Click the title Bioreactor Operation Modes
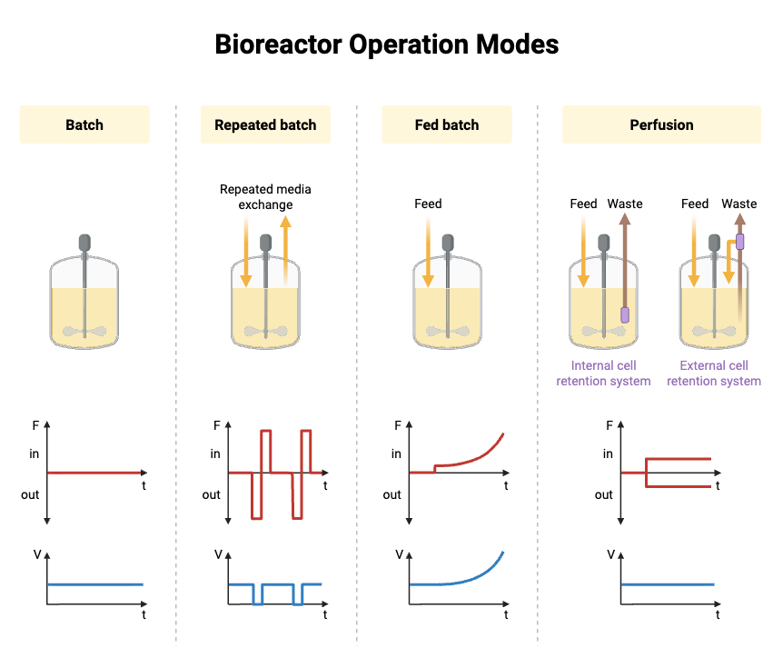(386, 44)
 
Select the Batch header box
(84, 125)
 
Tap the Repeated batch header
(265, 125)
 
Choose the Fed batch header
(446, 125)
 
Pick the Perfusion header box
(661, 125)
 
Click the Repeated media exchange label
(265, 196)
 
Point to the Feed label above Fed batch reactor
(428, 204)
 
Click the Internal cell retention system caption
(603, 374)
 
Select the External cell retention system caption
(714, 374)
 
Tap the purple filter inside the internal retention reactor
(625, 314)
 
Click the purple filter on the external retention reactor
(740, 242)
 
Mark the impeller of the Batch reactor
(84, 332)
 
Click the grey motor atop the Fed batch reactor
(447, 243)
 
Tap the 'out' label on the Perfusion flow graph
(604, 494)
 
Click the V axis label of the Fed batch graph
(399, 553)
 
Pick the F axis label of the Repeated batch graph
(216, 424)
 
